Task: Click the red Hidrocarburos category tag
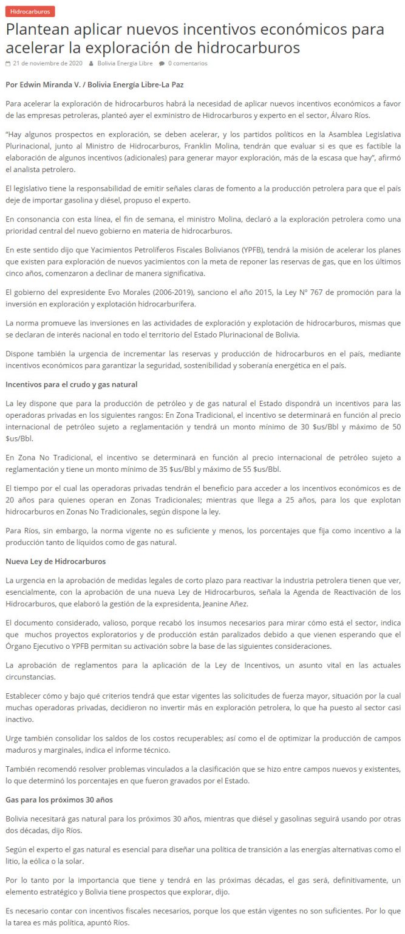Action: coord(30,12)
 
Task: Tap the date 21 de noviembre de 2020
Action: coord(47,63)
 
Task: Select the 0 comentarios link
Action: coord(188,63)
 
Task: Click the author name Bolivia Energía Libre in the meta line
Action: coord(125,63)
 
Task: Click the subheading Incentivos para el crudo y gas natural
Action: coord(71,384)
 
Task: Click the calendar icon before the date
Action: coord(7,63)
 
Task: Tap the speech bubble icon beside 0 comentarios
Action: coord(162,63)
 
